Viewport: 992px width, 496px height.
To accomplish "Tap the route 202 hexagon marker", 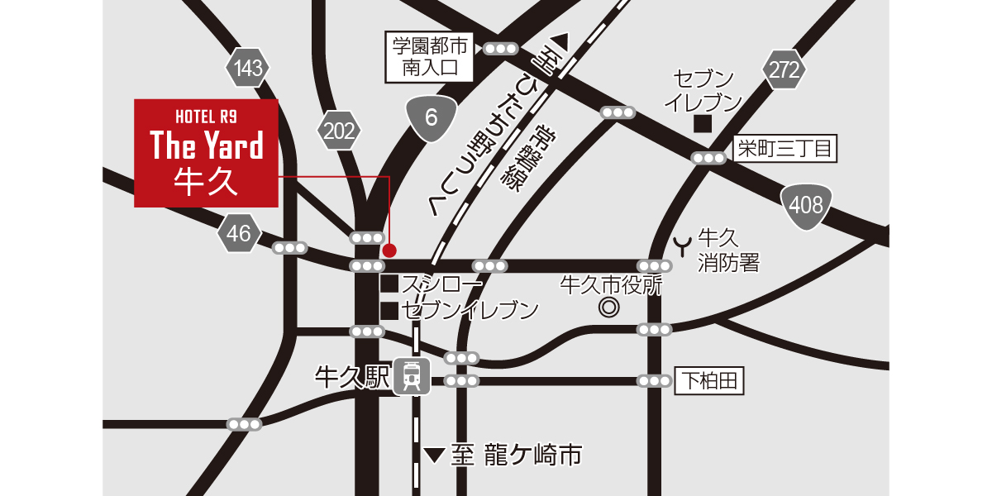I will click(x=339, y=131).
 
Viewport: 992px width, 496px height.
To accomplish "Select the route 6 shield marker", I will click(x=431, y=117).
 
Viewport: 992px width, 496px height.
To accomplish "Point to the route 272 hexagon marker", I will click(x=783, y=70).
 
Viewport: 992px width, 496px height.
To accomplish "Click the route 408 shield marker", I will click(x=806, y=205).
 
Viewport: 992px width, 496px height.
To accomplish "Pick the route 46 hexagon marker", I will click(x=239, y=234).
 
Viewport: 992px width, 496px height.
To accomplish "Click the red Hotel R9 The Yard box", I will click(x=206, y=153).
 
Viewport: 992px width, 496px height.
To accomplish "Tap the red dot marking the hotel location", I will click(x=389, y=250).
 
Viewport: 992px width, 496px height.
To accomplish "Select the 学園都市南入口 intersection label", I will click(x=430, y=57).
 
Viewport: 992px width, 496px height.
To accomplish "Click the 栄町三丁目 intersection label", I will click(x=785, y=149).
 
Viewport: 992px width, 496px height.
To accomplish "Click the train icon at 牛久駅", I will click(x=411, y=376).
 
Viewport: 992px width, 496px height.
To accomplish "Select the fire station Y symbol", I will click(x=684, y=245).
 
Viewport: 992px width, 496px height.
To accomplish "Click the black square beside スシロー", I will click(x=389, y=284).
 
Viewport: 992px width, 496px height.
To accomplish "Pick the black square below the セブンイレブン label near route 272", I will click(x=703, y=124).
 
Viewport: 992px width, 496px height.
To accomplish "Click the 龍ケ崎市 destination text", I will click(x=517, y=455).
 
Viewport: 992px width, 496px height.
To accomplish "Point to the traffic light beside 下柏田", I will click(x=654, y=381).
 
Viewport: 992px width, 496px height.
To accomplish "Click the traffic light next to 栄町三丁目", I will click(x=708, y=158).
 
